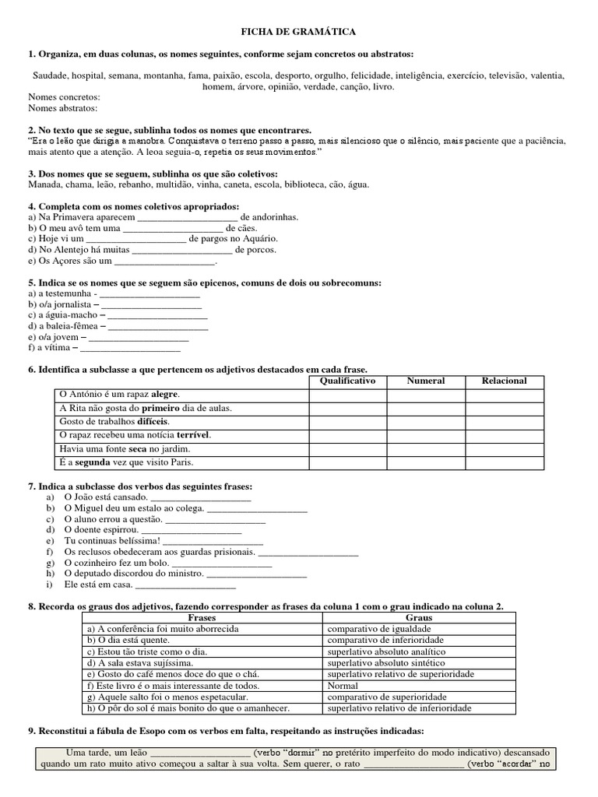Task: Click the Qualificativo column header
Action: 347,381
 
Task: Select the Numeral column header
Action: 426,381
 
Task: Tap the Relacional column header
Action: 505,381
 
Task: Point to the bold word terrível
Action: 194,434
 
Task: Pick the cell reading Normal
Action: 343,686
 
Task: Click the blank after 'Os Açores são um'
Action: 164,262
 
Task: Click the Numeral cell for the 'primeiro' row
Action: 426,408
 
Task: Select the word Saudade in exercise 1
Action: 49,76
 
